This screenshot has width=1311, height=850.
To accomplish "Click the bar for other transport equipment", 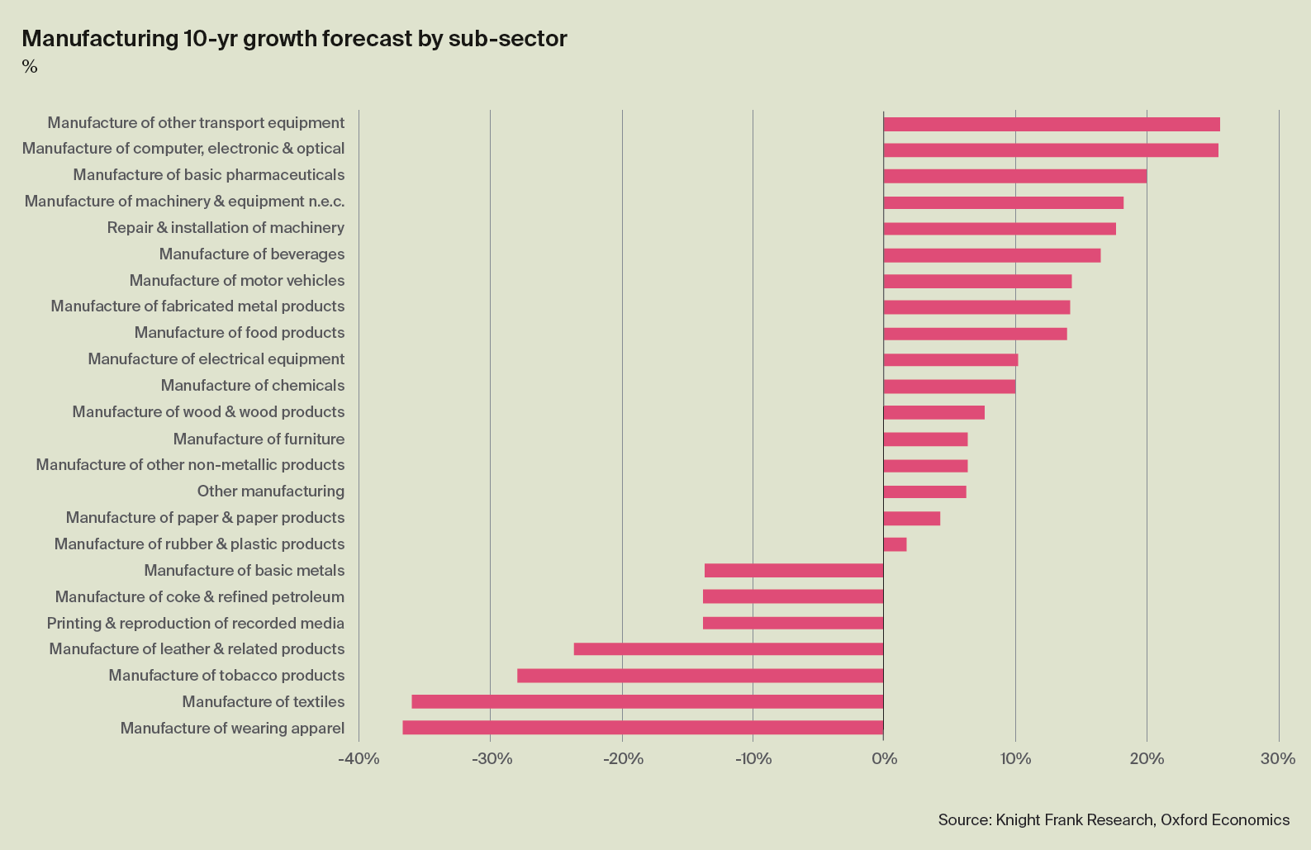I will (x=1051, y=125).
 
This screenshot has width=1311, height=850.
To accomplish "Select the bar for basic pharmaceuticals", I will (x=1014, y=176).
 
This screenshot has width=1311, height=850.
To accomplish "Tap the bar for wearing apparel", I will (x=643, y=728).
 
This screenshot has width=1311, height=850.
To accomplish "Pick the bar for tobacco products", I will (x=700, y=676).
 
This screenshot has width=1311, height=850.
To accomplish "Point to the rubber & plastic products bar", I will (x=895, y=544).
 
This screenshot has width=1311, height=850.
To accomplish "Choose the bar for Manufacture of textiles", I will (x=648, y=702).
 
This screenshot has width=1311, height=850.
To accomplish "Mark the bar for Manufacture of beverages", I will (x=991, y=255).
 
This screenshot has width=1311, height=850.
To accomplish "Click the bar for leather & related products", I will (x=729, y=649).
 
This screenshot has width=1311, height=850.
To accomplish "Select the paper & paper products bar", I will (x=911, y=519).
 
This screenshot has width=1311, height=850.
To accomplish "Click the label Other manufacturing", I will (x=270, y=491).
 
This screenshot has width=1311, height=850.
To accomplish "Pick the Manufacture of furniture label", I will (x=259, y=439).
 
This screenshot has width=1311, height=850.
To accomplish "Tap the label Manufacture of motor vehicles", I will (x=237, y=281).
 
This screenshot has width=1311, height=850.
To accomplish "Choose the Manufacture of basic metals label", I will (x=244, y=571).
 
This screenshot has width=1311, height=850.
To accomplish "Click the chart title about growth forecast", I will (x=294, y=39).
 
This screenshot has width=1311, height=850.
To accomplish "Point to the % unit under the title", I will (x=30, y=67).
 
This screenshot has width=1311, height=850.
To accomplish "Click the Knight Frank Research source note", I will (x=1114, y=820).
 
